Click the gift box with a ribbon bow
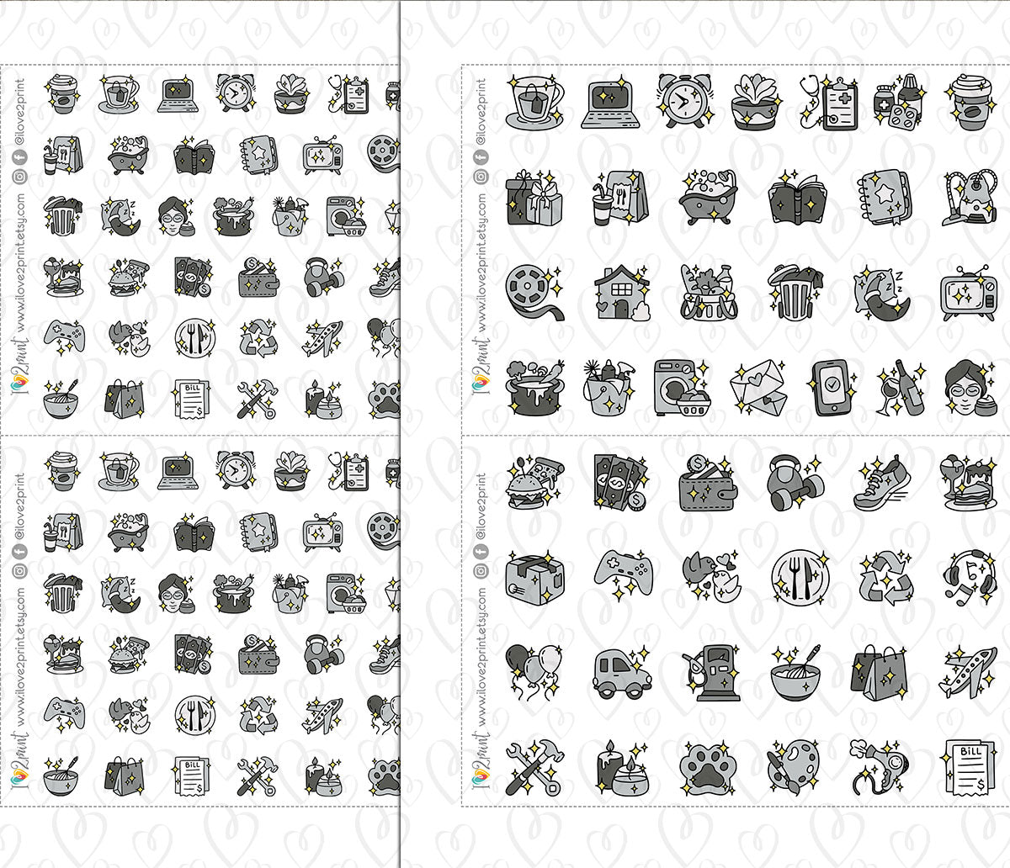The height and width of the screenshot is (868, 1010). tap(534, 198)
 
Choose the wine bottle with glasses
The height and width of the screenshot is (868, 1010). tap(899, 387)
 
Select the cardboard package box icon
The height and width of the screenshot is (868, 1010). tap(534, 578)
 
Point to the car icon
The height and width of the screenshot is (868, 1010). tap(621, 673)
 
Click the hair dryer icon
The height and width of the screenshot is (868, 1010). tap(880, 767)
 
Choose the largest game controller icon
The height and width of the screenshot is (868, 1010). tap(621, 578)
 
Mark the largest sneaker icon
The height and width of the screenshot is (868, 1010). tap(880, 484)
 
